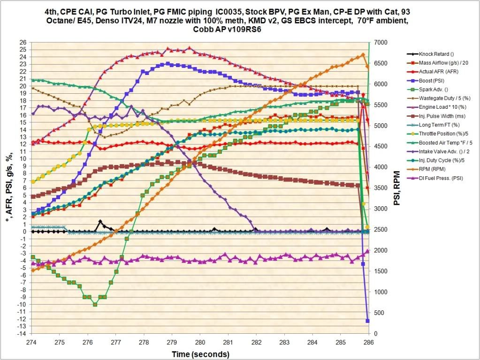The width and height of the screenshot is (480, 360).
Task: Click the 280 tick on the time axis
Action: [200, 342]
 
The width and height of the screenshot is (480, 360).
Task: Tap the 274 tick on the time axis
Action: [31, 342]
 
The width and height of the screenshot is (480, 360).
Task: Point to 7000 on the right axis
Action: [379, 42]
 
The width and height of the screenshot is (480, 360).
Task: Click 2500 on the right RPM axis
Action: [379, 229]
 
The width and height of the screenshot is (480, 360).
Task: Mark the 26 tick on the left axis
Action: [23, 42]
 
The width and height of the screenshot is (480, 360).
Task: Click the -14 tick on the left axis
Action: [21, 333]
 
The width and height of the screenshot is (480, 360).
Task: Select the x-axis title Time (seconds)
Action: [200, 353]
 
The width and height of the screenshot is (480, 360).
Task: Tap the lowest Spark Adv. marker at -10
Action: [95, 304]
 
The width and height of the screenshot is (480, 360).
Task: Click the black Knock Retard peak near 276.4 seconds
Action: [100, 222]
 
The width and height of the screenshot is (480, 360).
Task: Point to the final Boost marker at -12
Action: [368, 321]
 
